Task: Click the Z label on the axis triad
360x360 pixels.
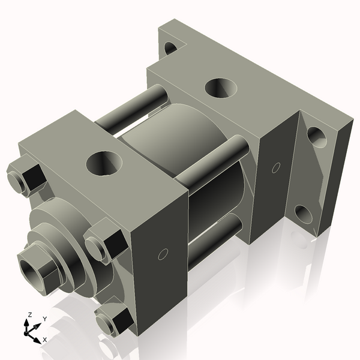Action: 29,314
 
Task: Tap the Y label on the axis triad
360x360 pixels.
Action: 44,319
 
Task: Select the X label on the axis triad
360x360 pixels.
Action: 44,340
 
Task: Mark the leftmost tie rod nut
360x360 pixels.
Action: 25,178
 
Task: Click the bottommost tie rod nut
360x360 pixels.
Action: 115,322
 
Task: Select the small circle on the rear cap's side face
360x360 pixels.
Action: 277,167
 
